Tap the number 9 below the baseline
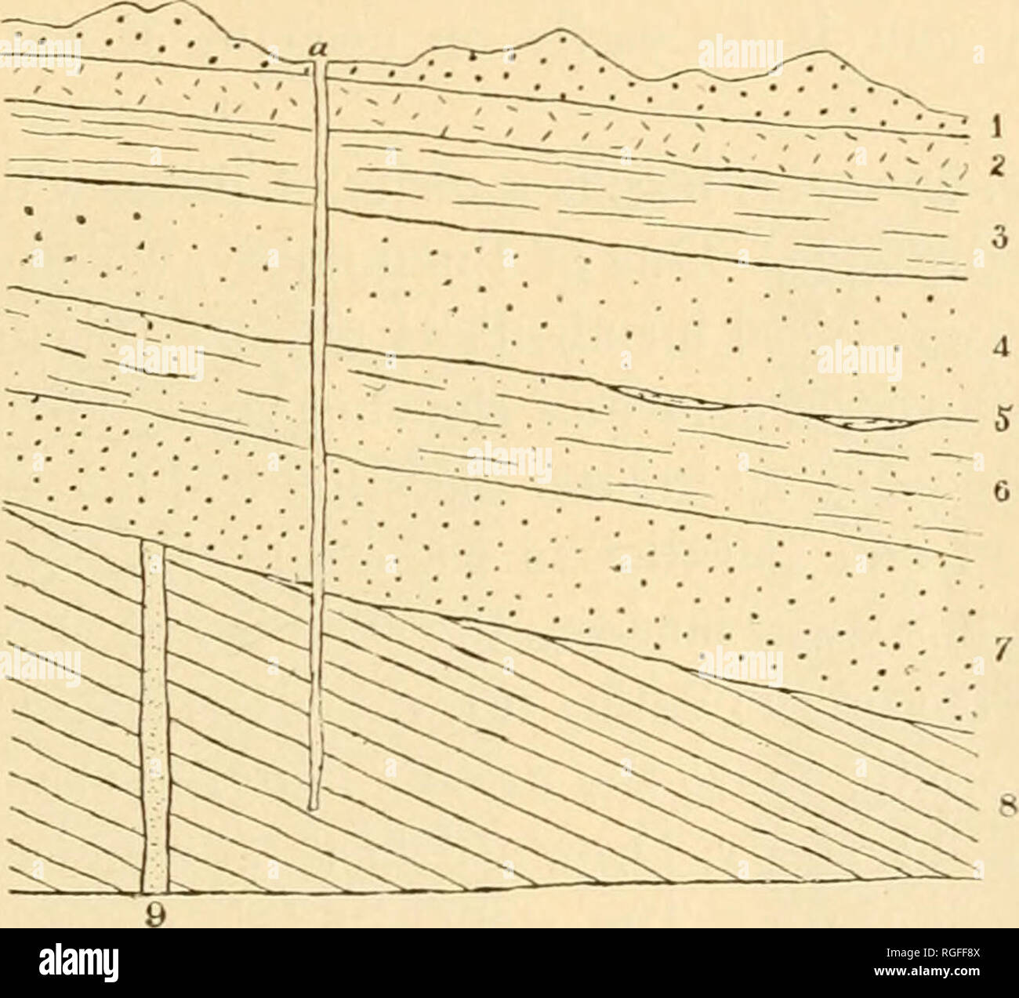point(154,913)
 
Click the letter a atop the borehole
point(318,49)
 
